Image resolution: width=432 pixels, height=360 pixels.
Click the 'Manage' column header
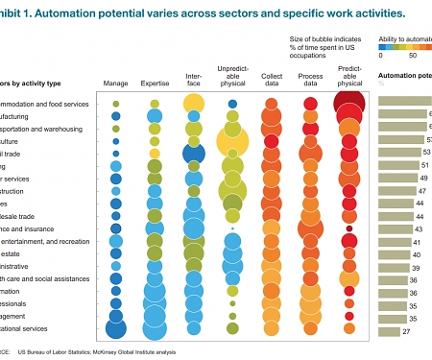115,84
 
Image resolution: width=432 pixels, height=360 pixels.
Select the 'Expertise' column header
155,84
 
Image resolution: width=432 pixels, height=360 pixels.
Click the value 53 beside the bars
426,152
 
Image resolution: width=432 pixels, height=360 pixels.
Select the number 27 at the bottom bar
406,331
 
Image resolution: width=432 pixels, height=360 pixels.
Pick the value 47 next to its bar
422,191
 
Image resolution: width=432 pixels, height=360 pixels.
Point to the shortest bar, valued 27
388,331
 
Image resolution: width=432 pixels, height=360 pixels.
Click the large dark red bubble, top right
349,103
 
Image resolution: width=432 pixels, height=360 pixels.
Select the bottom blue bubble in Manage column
116,329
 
